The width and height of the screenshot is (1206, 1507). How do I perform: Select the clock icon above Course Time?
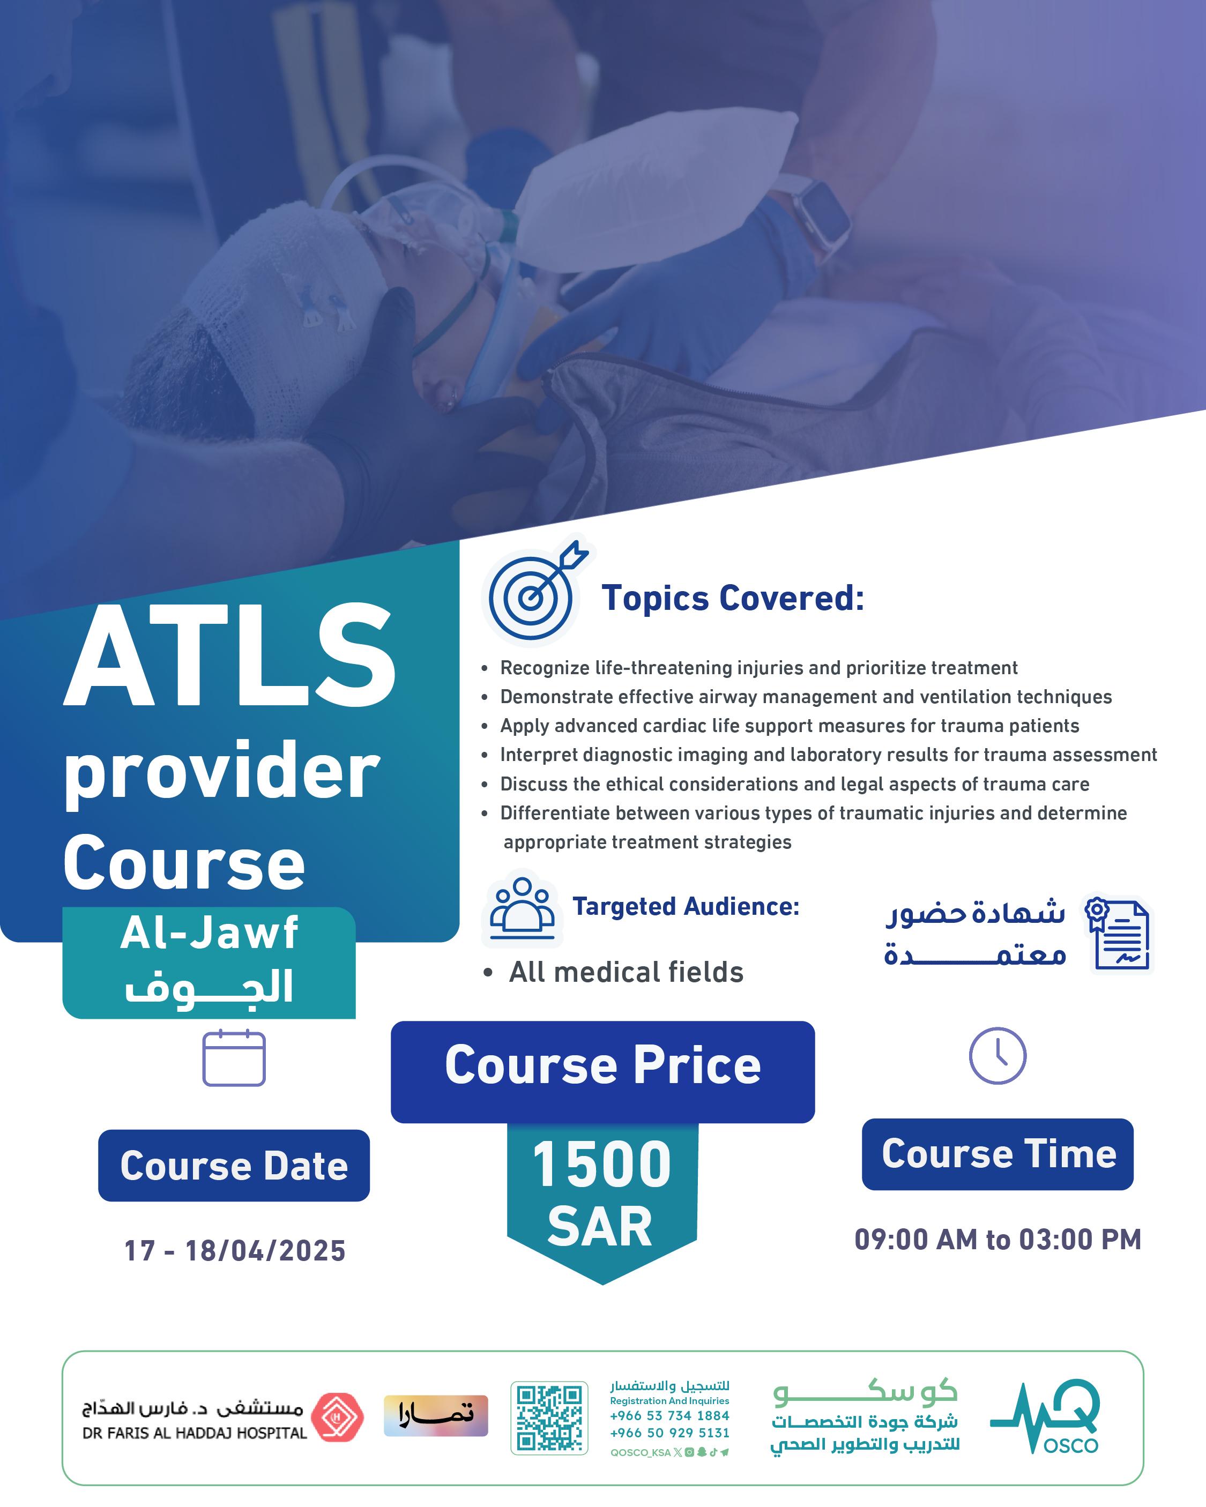997,1055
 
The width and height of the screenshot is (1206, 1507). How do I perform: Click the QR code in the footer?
549,1418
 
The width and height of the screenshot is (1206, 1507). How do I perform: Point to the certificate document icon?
1117,934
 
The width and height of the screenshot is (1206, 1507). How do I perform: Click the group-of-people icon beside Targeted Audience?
522,909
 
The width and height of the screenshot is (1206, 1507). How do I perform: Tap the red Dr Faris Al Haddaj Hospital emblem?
337,1417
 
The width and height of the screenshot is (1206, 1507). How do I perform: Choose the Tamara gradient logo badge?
436,1415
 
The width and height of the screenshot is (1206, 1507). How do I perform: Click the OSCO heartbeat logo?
1045,1415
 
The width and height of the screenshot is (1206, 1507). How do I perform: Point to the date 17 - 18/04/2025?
235,1250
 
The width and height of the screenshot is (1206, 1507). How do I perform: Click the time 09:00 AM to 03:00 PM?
997,1239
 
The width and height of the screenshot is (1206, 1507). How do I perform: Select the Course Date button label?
234,1165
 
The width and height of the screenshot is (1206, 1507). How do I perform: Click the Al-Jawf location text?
209,932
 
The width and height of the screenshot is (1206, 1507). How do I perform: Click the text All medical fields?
626,972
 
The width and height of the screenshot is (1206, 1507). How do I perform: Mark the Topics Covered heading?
733,598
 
